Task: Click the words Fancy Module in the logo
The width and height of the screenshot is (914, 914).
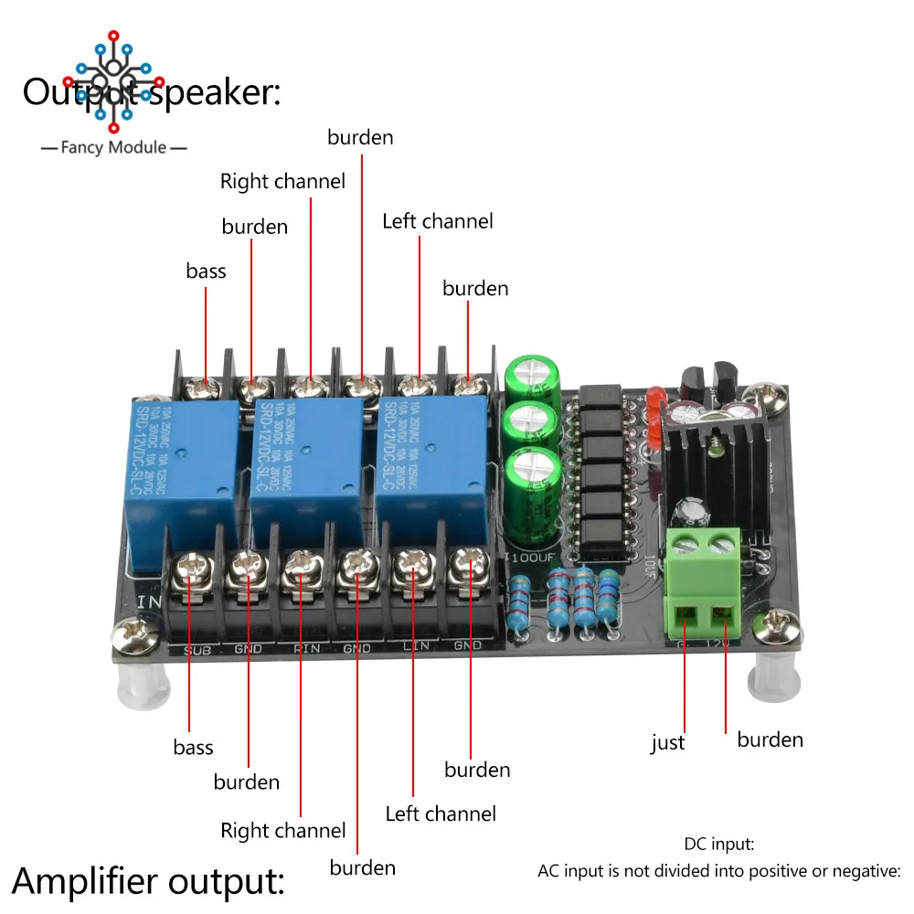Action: tap(114, 147)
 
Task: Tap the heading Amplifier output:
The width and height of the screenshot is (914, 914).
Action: tap(148, 882)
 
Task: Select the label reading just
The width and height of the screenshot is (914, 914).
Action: tap(667, 743)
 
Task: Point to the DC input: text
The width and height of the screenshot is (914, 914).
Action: tap(718, 845)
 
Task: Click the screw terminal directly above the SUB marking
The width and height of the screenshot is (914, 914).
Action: tap(194, 568)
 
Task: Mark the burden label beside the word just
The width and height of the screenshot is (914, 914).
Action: tap(770, 739)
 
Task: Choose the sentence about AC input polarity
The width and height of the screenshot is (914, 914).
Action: tap(718, 871)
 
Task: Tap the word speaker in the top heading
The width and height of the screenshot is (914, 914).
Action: tap(213, 92)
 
